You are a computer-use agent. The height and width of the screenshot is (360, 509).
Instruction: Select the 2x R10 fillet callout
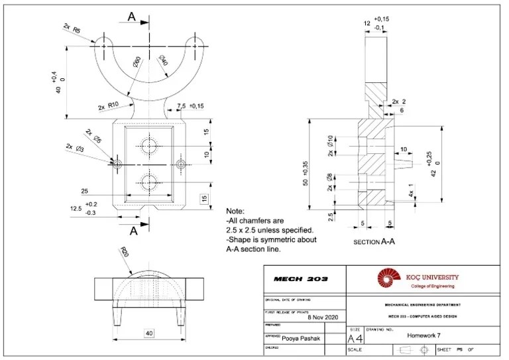click(108, 105)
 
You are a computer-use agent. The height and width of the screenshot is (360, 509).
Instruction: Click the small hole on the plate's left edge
click(118, 163)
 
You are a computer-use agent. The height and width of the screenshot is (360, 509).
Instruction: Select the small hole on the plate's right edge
click(180, 163)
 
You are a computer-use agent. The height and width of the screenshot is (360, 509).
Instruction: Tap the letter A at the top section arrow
click(131, 18)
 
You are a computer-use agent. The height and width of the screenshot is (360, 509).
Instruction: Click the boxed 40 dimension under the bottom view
click(149, 333)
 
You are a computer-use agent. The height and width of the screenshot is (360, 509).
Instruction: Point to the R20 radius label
click(124, 254)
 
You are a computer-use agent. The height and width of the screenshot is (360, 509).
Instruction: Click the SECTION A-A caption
click(374, 243)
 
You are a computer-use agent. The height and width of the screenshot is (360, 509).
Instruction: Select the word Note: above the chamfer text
click(236, 210)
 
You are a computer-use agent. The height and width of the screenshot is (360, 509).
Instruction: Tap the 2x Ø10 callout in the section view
click(329, 148)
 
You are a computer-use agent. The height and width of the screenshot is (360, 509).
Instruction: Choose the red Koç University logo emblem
click(389, 278)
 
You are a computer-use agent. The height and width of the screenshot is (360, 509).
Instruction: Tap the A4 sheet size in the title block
click(355, 339)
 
